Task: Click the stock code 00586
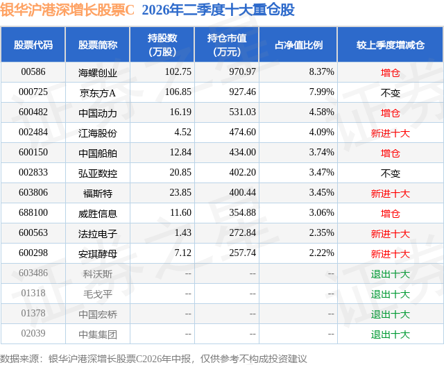[x=33, y=72]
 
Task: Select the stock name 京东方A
[x=98, y=93]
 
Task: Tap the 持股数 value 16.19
[x=180, y=112]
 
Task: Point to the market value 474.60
[x=242, y=133]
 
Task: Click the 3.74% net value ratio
[x=321, y=153]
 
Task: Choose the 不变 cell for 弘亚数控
[x=390, y=173]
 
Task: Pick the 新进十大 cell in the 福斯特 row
[x=390, y=194]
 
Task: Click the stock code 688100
[x=33, y=212]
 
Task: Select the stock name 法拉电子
[x=98, y=234]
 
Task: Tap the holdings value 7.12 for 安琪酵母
[x=182, y=253]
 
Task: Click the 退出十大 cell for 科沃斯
[x=390, y=274]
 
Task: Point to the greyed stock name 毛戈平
[x=98, y=294]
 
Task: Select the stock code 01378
[x=33, y=313]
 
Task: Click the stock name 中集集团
[x=98, y=334]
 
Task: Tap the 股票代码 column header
[x=33, y=44]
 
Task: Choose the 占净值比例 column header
[x=298, y=44]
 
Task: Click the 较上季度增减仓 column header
[x=391, y=44]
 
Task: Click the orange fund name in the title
[x=67, y=10]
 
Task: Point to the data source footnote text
[x=153, y=359]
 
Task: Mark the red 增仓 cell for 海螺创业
[x=390, y=73]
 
